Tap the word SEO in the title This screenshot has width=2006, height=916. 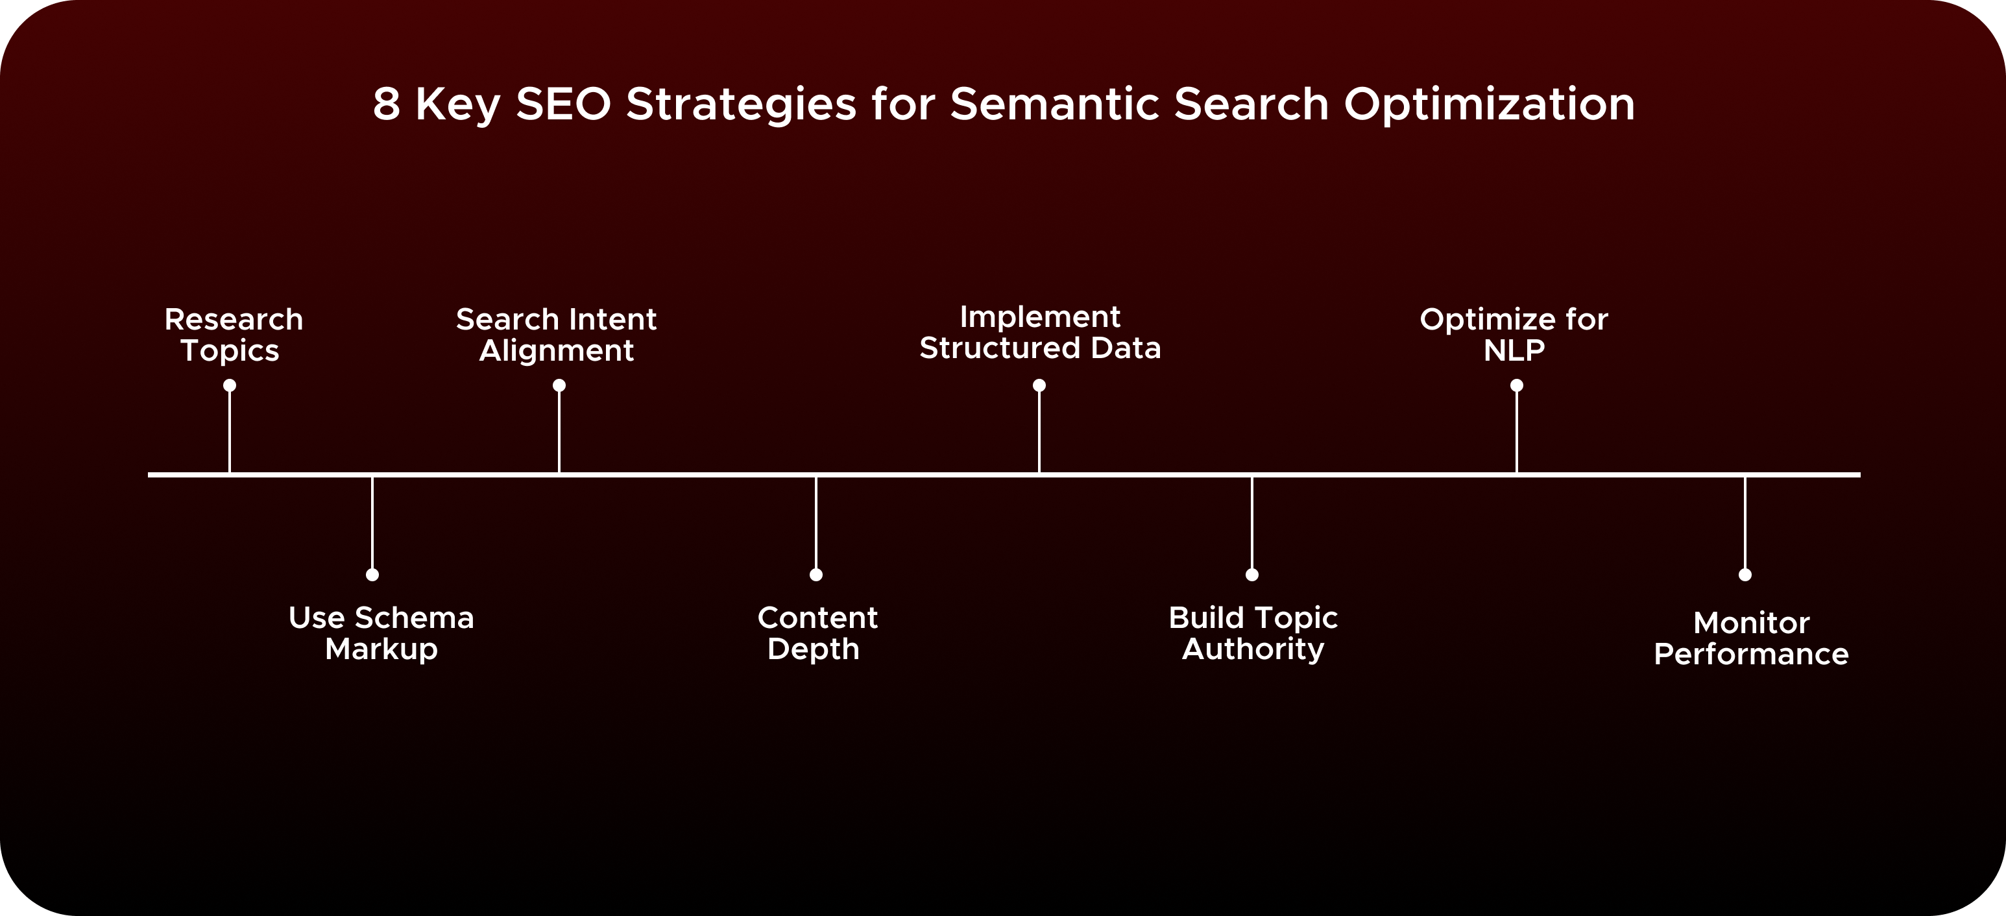(x=563, y=104)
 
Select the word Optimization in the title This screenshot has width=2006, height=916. (x=1488, y=104)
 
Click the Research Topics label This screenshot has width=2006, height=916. (x=233, y=335)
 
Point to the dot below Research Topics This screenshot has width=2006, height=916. (x=230, y=385)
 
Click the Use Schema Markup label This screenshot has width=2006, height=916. (x=381, y=633)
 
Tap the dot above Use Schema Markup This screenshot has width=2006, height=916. (x=372, y=575)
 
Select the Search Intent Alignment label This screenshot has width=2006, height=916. (x=556, y=335)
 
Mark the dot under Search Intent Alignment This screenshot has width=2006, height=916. (x=559, y=385)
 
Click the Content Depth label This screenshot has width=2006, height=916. (x=817, y=633)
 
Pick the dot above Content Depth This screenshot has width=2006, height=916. (x=816, y=575)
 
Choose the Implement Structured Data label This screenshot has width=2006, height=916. (x=1039, y=333)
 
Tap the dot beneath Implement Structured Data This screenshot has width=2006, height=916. (x=1039, y=385)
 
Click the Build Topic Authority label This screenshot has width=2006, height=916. (x=1253, y=633)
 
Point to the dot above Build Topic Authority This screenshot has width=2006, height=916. (x=1252, y=575)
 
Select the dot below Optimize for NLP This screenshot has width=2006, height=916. (x=1517, y=385)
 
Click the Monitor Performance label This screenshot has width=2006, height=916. (x=1751, y=639)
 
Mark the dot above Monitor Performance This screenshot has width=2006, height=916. (x=1745, y=575)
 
